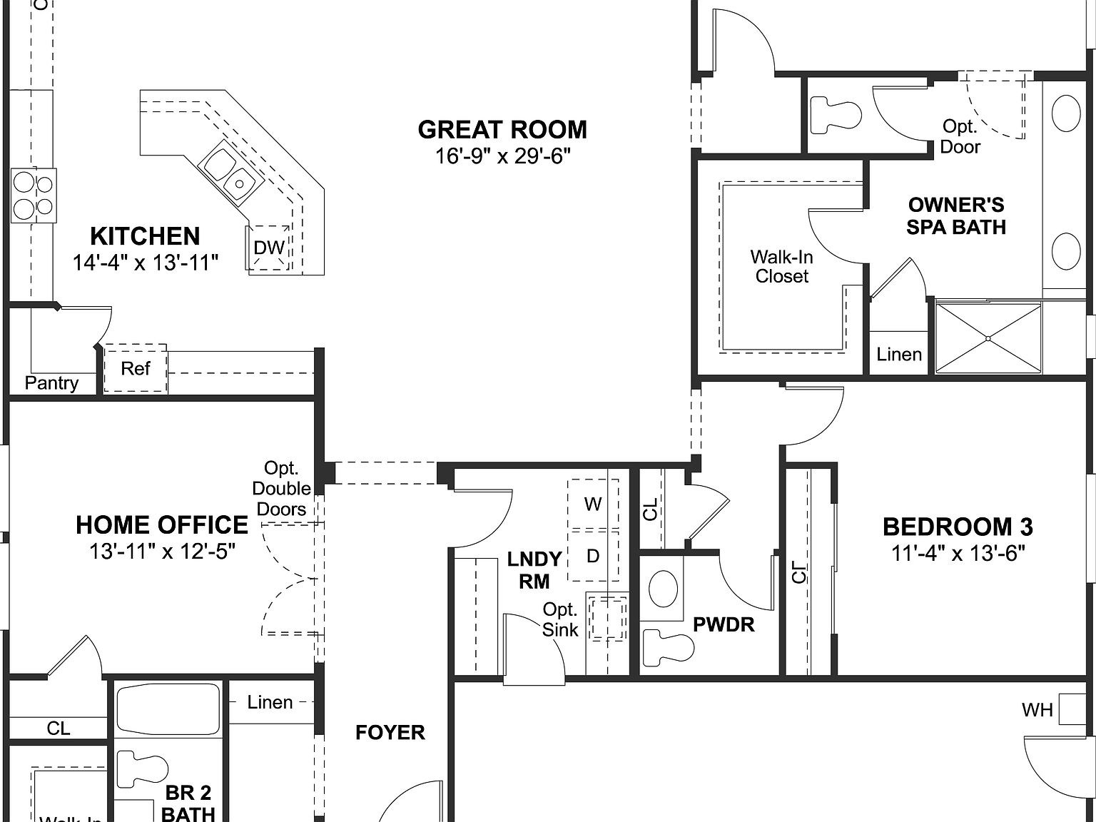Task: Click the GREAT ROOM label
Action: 502,130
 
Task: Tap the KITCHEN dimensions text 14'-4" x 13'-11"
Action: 145,263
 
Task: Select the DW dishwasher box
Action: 269,248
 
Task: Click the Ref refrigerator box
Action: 136,368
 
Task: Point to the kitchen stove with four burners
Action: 33,196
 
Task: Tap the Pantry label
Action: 51,383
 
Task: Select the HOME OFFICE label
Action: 162,525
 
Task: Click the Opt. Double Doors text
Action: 282,489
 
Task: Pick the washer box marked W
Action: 593,504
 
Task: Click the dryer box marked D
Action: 593,556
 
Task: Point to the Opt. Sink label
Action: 560,619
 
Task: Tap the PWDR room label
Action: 724,625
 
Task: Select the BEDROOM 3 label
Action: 958,527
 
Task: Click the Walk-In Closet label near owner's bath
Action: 781,266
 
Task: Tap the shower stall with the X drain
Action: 988,338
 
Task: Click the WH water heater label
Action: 1037,710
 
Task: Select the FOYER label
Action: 390,733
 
